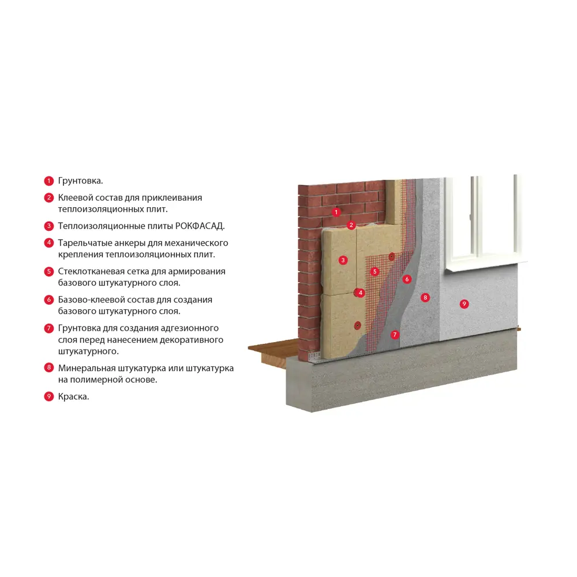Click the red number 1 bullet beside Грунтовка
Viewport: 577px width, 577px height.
(49, 181)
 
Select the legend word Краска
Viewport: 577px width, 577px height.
(73, 396)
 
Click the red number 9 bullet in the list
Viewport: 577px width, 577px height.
(49, 396)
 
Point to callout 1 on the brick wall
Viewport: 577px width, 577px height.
(336, 212)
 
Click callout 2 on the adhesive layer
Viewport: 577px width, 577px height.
(351, 225)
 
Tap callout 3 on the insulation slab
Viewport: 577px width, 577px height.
(343, 260)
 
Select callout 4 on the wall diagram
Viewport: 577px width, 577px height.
(361, 293)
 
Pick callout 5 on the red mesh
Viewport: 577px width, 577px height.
(375, 271)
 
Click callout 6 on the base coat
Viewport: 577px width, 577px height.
(407, 279)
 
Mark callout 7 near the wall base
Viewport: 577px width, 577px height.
(395, 334)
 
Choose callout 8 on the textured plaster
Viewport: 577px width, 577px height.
(425, 298)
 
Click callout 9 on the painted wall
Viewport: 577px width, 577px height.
(464, 304)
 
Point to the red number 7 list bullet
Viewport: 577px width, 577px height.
(49, 328)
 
